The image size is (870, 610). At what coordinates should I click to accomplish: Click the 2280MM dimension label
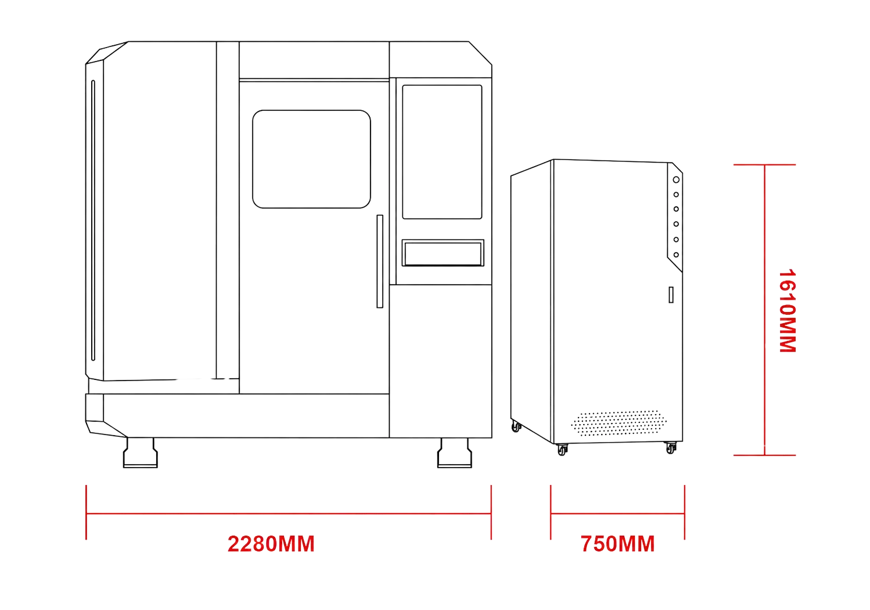(271, 544)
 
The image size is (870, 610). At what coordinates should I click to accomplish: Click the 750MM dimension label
(617, 544)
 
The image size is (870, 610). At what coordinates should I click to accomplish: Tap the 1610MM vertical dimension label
(788, 311)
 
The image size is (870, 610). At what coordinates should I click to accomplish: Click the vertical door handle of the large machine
(380, 261)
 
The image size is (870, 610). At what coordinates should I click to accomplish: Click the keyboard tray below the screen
(443, 253)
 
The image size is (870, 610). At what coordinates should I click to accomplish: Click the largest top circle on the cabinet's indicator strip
(676, 180)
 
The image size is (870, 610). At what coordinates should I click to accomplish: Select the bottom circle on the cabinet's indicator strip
(676, 255)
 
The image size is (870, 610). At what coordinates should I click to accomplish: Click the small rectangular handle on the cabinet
(671, 295)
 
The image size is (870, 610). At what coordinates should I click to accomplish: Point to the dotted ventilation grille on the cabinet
(619, 423)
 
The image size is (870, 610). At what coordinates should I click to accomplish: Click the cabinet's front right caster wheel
(671, 448)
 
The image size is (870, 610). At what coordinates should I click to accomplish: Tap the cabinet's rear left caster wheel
(516, 426)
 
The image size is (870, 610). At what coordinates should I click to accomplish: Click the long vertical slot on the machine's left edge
(93, 220)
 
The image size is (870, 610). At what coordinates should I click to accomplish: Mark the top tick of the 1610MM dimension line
(764, 165)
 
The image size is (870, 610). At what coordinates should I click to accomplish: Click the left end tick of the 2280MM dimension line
(86, 512)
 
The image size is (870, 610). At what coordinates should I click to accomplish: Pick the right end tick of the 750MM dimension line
(684, 512)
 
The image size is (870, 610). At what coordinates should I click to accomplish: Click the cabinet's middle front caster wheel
(562, 450)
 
